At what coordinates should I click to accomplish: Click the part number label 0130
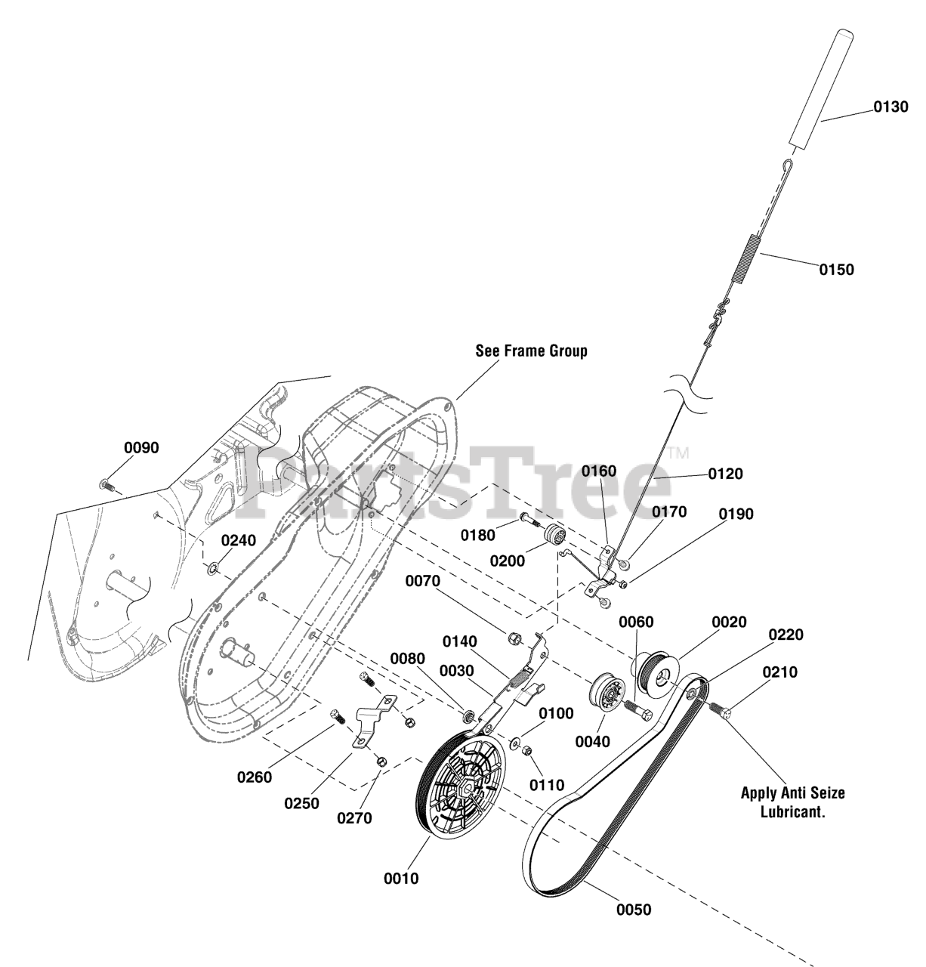click(x=891, y=107)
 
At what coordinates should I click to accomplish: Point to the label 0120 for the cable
click(x=725, y=474)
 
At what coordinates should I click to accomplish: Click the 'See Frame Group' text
click(x=531, y=351)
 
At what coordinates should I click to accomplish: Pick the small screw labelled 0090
click(x=106, y=486)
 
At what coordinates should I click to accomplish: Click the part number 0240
click(x=239, y=540)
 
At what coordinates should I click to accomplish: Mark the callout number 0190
click(x=736, y=514)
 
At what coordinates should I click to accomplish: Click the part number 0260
click(x=255, y=776)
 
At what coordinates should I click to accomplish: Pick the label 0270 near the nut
click(x=354, y=818)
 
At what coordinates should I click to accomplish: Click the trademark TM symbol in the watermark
click(x=678, y=453)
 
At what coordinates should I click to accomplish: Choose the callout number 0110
click(x=547, y=785)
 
